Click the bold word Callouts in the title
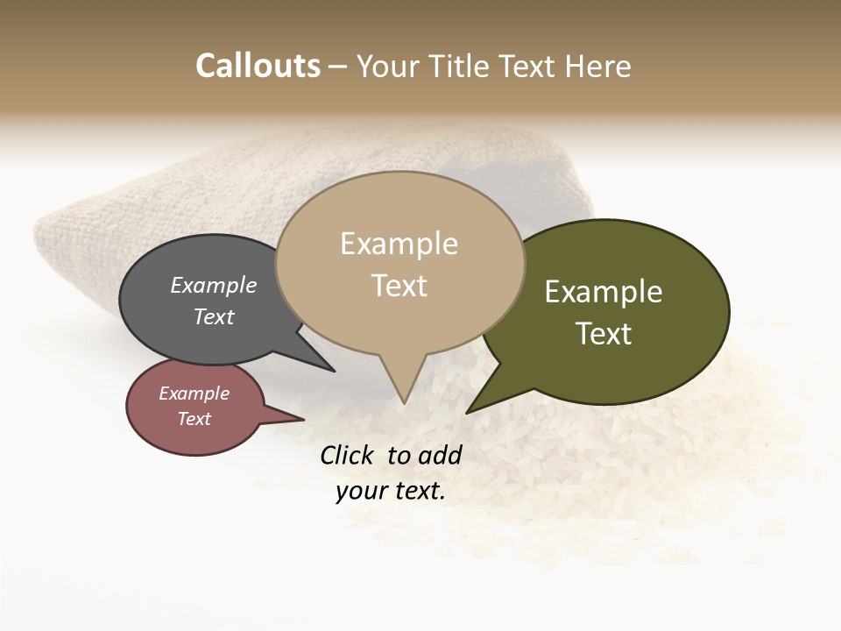coord(258,66)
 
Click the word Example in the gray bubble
coord(213,285)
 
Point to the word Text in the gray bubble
coord(213,316)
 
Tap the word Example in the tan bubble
coord(399,244)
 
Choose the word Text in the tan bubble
coord(399,286)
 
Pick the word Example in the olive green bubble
coord(604,292)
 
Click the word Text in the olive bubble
coord(604,334)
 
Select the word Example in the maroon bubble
coord(194,393)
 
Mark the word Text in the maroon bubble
coord(194,419)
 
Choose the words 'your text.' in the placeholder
coord(390,491)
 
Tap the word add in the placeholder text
coord(440,455)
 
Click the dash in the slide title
coord(338,67)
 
